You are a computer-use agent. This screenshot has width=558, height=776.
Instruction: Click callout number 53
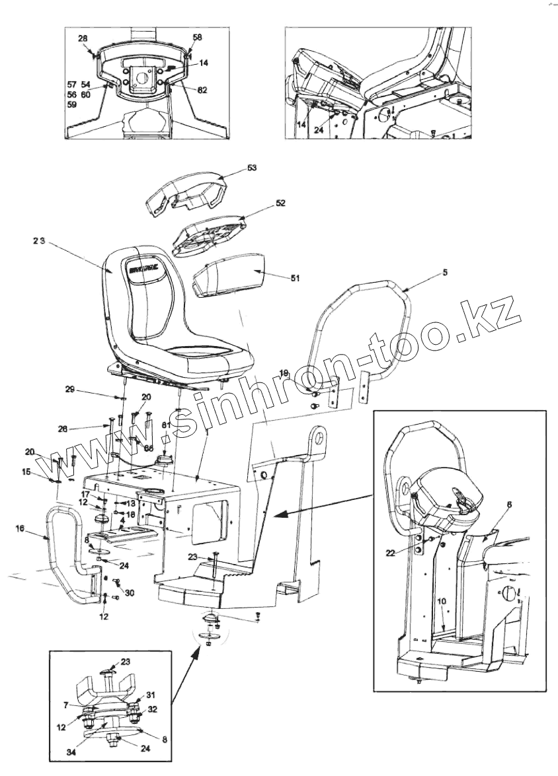(251, 168)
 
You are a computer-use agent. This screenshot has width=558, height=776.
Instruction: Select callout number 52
(280, 204)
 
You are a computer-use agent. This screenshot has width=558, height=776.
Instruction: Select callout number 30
(130, 593)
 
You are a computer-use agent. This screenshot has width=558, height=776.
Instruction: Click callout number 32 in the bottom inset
(152, 709)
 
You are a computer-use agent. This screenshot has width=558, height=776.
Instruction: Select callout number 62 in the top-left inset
(202, 90)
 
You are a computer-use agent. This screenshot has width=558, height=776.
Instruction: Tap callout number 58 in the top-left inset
(198, 38)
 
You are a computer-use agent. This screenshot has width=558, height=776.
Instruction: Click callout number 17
(86, 494)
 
